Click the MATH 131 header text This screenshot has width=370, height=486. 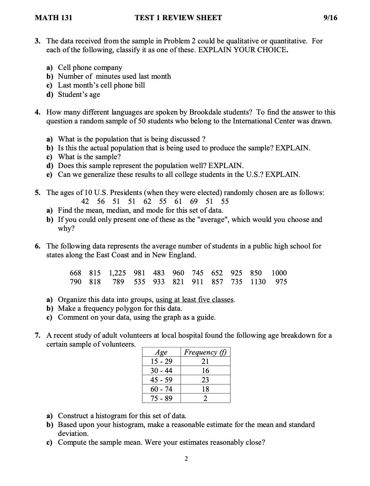click(54, 18)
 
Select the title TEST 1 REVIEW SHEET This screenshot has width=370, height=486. click(178, 18)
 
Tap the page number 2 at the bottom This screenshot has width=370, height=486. click(186, 459)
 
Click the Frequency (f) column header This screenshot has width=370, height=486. click(205, 352)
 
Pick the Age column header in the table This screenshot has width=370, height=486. click(161, 352)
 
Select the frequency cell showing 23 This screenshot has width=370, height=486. click(205, 380)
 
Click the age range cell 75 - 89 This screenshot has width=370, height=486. click(161, 398)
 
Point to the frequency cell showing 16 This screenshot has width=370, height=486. click(205, 371)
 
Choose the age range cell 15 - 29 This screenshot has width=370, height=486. click(161, 361)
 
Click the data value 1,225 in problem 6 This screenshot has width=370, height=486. click(118, 273)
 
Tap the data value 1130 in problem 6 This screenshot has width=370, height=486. click(258, 282)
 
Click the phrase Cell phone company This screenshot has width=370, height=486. click(90, 67)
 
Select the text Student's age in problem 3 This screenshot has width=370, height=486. click(79, 94)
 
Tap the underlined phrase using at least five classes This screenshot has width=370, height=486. click(195, 300)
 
